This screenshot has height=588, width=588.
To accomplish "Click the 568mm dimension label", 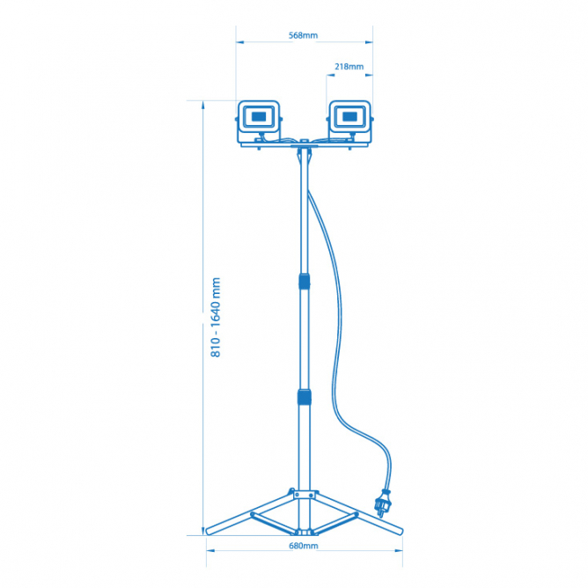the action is pos(303,35).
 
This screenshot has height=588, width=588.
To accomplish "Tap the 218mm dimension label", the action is pos(349,66).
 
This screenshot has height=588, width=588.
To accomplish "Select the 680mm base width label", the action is pos(304,546).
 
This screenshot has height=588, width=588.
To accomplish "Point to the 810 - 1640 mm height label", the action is pos(216,317).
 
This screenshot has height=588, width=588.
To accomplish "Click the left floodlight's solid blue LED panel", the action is pos(259,116).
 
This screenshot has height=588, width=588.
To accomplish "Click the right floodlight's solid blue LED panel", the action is pos(349,116).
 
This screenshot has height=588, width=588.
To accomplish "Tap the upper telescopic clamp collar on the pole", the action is pos(305,282).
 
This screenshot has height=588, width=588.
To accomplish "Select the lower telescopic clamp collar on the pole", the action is pos(305,397).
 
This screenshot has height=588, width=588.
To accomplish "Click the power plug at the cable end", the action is pos(382,503).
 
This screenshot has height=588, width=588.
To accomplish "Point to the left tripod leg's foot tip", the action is pos(208,531).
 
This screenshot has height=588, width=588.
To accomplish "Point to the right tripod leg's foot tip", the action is pos(401,531).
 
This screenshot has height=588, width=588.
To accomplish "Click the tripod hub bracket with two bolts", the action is pos(304,495).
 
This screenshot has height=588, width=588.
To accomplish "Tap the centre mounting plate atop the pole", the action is pos(305,144).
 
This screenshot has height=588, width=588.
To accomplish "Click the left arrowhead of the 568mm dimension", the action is pos(240,42).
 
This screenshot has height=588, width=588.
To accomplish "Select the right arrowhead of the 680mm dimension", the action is pos(399,550).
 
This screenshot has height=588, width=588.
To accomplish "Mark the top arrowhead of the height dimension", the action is pos(202,105).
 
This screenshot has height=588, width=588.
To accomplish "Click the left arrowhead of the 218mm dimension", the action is pos(330,75).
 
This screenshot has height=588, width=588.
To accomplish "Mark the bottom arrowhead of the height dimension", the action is pos(202,531).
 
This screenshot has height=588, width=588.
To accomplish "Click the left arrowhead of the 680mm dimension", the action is pos(210,550).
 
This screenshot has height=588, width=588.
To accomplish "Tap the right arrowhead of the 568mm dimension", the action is pos(369,42).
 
